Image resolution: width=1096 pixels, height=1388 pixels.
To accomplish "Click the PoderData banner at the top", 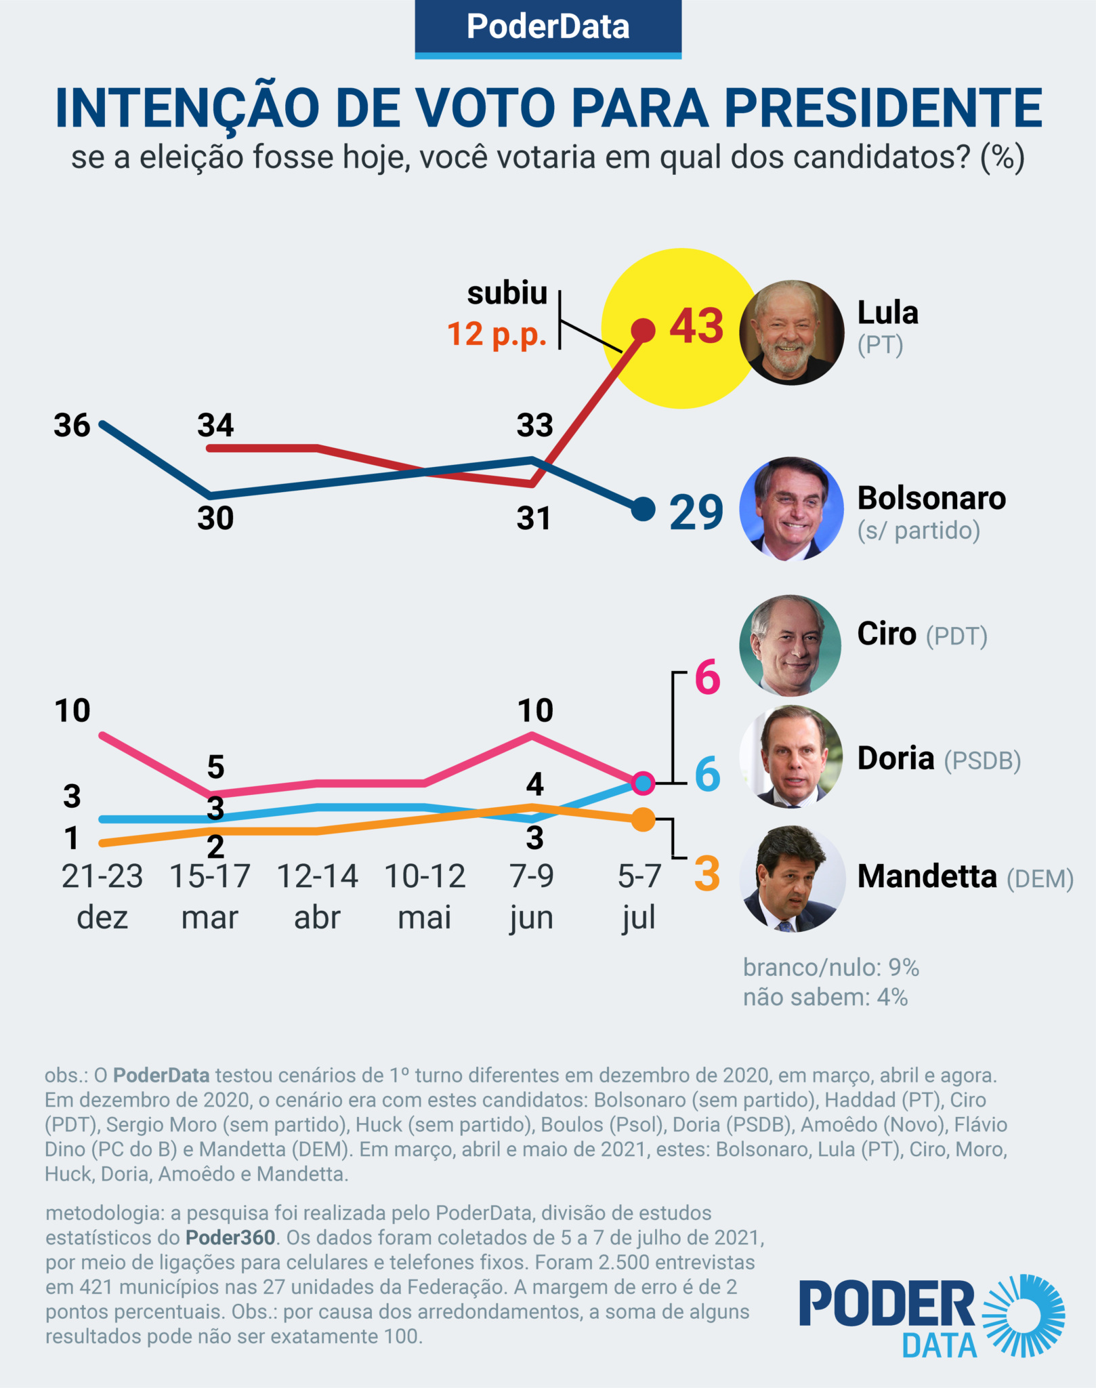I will tap(548, 28).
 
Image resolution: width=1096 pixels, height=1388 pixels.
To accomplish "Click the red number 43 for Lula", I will tap(696, 327).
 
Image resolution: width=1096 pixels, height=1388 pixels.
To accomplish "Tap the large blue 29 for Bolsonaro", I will tap(696, 513).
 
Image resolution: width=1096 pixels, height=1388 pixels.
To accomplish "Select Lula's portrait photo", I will tap(791, 333).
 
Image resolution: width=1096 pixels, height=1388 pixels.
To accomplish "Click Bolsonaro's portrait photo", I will tap(791, 509).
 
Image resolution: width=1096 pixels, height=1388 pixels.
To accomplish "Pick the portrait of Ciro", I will tap(790, 645).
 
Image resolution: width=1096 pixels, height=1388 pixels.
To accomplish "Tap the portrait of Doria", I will tap(791, 757).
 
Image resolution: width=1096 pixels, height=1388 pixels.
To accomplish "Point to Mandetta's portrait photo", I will tap(793, 879).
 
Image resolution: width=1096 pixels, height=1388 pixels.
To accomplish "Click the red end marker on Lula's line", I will tap(643, 330).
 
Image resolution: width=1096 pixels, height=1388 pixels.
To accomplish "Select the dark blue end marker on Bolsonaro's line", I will tap(642, 508).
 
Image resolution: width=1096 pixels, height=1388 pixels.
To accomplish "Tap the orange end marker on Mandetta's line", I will tap(643, 820).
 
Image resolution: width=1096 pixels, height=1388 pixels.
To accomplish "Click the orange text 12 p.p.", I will tap(497, 335).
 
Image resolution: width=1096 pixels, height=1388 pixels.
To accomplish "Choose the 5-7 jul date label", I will tap(639, 896).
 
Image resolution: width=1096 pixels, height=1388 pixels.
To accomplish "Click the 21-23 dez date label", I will tap(102, 896).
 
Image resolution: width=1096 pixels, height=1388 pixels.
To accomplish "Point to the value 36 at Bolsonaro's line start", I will tap(72, 426).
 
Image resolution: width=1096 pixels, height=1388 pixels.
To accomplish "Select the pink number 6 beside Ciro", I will tap(707, 678).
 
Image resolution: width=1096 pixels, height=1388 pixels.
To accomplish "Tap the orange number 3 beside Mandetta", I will tap(707, 874).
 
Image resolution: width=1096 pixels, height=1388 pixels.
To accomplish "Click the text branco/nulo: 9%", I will tap(830, 968).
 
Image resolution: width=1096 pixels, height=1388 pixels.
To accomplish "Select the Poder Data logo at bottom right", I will tap(931, 1317).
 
